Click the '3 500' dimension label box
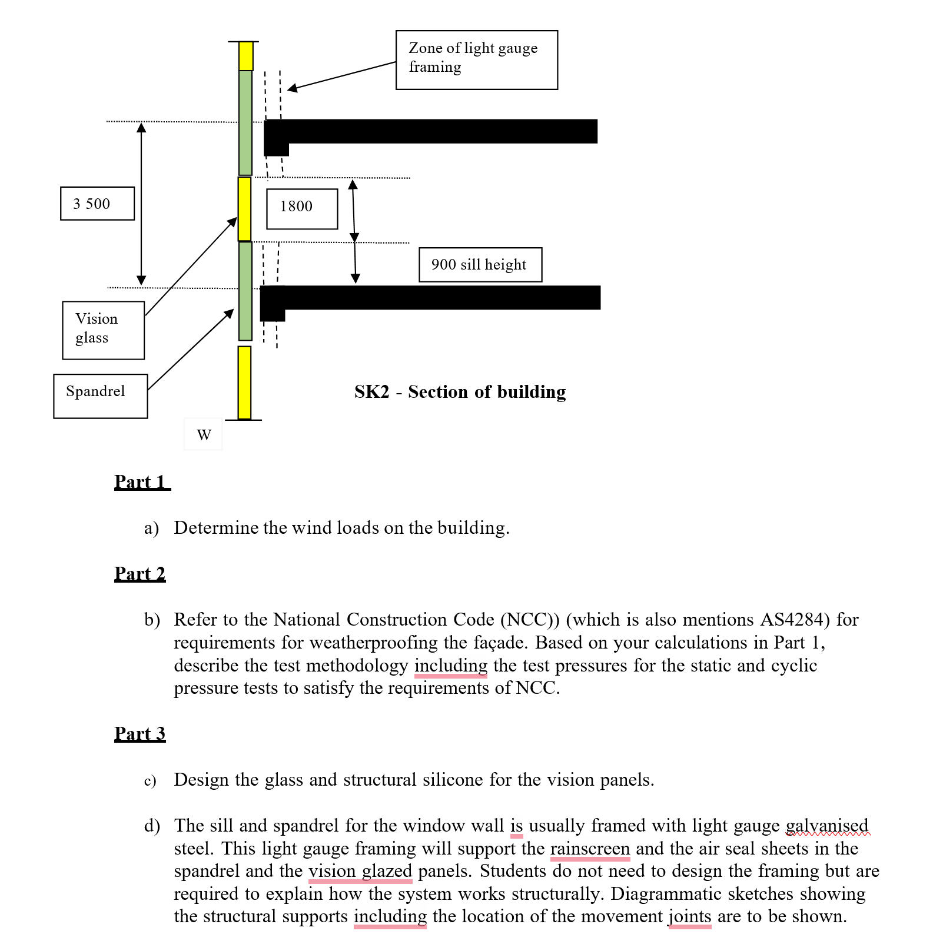coord(97,204)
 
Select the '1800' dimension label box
coord(302,209)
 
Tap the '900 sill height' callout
coord(480,265)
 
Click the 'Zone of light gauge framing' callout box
coord(476,60)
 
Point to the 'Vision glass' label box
coord(103,330)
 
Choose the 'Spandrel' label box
coord(100,396)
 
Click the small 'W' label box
coord(203,434)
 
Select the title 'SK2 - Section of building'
coord(460,392)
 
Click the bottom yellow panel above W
coord(244,383)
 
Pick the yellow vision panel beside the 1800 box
coord(244,209)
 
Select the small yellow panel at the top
coord(245,56)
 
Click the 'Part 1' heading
coord(142,482)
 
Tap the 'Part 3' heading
coord(140,734)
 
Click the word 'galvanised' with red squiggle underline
coord(827,826)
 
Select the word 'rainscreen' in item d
coord(590,849)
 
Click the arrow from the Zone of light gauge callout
coord(341,76)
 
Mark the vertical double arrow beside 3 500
coord(141,204)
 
